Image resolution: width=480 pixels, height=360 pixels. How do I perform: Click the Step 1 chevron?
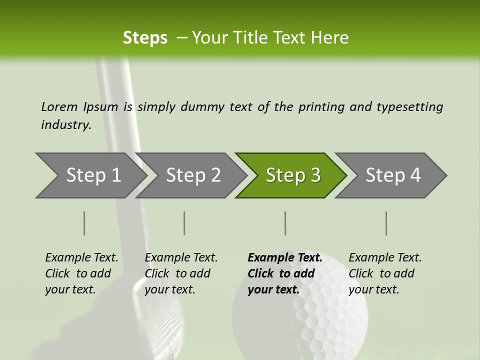[93, 175]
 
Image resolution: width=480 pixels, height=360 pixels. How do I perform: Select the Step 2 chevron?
[193, 175]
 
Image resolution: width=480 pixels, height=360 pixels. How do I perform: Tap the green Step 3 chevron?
[293, 175]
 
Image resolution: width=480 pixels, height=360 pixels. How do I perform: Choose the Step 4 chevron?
[393, 175]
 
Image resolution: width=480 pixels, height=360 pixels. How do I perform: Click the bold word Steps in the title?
[145, 38]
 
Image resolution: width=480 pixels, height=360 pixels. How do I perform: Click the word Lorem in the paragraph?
[59, 107]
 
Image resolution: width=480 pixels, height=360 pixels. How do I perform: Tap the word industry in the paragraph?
[66, 125]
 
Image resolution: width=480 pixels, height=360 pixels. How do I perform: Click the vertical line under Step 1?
[84, 223]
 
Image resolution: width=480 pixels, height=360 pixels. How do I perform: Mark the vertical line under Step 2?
[184, 223]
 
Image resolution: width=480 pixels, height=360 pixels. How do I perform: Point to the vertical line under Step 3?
[285, 223]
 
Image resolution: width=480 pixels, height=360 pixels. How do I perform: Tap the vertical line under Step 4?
[386, 223]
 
